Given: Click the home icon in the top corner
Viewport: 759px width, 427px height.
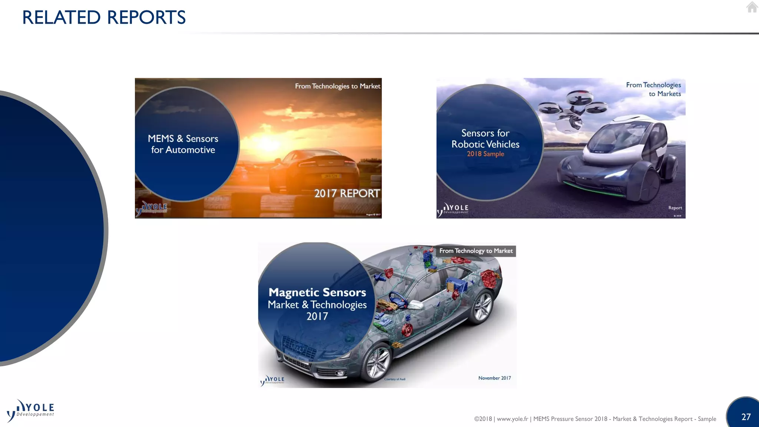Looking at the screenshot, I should point(752,7).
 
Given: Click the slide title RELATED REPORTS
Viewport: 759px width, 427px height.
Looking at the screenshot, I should point(104,17).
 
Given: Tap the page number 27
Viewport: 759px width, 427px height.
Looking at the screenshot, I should point(746,417).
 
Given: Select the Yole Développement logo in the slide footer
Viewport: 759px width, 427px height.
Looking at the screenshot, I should point(30,411).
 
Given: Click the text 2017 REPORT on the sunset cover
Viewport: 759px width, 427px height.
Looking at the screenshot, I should point(347,193).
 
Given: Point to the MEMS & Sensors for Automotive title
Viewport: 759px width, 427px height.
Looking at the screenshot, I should point(183,144).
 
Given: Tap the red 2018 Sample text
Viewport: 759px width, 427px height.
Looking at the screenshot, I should point(485,154).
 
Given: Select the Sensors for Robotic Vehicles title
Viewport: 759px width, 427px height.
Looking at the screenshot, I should point(485,139).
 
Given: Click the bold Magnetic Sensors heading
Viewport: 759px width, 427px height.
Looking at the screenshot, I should point(317,292).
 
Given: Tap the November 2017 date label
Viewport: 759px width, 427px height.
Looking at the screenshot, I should point(494,378).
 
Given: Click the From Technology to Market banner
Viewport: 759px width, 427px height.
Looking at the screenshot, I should point(476,251).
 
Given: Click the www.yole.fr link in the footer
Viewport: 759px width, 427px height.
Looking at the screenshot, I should point(512,419).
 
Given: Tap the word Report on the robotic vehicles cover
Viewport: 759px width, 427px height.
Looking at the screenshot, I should point(675,208).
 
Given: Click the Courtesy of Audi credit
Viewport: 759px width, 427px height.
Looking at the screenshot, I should point(395,379).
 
